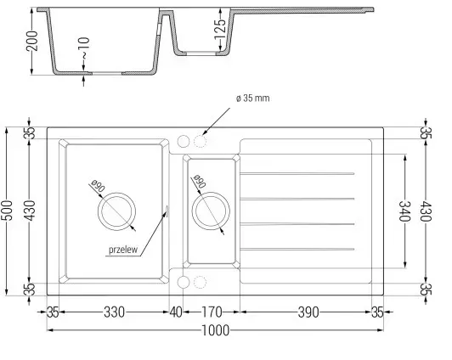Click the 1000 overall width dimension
pos(215,330)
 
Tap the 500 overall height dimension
pos(8,211)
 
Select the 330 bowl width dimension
pos(114,312)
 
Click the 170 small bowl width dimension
pos(212,312)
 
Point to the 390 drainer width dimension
pos(308,312)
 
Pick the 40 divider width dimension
pos(176,312)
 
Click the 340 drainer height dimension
pos(404,211)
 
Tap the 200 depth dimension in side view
pos(32,41)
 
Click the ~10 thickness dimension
pos(84,48)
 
